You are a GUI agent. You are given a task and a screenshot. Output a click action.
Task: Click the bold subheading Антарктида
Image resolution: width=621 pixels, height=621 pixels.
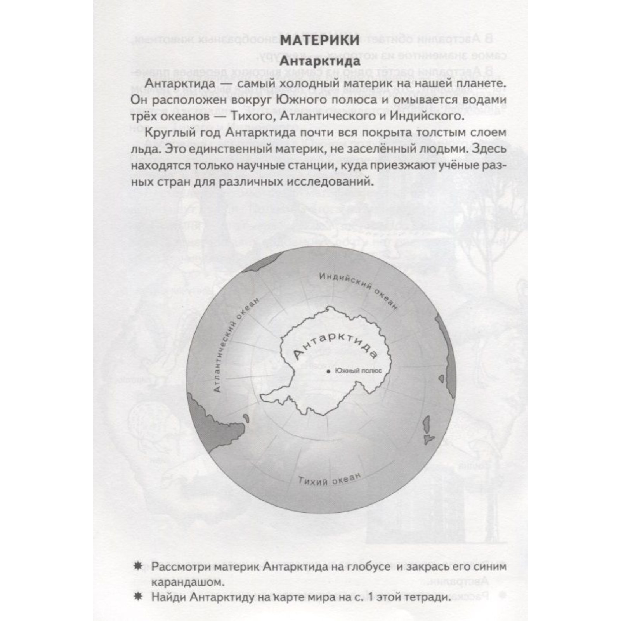pyautogui.click(x=320, y=61)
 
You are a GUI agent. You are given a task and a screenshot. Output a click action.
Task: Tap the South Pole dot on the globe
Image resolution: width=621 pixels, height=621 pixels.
pyautogui.click(x=328, y=371)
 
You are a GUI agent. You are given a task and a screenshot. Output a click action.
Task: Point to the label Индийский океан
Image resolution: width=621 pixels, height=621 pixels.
pyautogui.click(x=358, y=290)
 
